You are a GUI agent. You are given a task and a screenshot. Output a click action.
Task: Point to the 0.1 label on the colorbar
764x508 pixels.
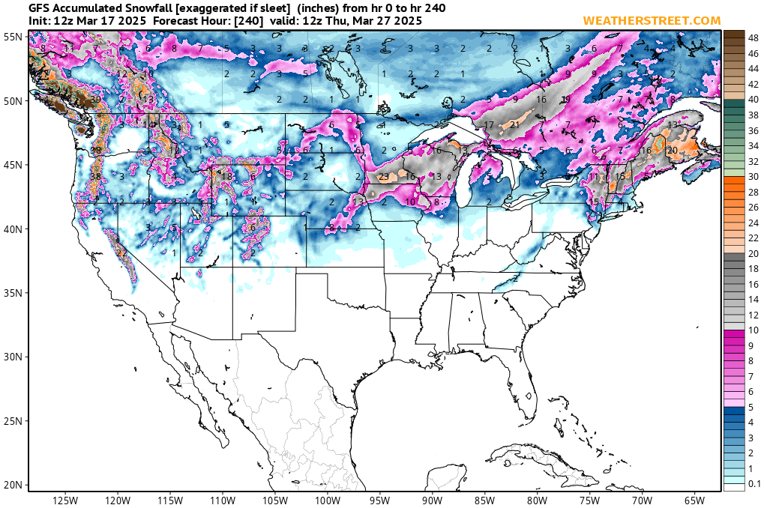pos(754,484)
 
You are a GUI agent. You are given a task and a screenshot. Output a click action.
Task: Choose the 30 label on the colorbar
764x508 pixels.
pos(753,176)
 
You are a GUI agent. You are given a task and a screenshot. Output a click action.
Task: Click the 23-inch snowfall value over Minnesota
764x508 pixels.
pos(384,177)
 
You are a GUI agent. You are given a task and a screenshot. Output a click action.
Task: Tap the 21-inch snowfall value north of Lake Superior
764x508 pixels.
pos(514,125)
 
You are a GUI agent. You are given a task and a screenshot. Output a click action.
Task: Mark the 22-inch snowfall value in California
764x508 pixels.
pos(121,253)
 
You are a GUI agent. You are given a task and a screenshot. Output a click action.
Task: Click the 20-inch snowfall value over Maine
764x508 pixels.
pos(673,151)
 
